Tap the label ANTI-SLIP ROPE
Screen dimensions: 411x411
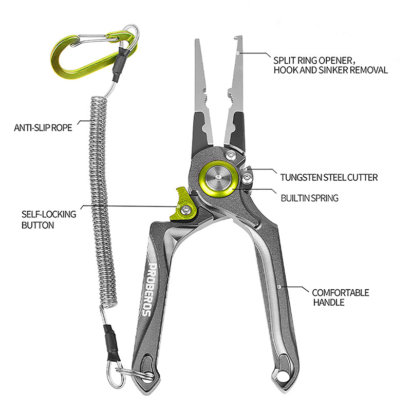click(x=43, y=128)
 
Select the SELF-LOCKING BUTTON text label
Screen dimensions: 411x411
click(x=49, y=220)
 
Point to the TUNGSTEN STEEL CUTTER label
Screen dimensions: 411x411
click(x=329, y=177)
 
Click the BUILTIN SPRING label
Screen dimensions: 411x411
click(x=310, y=198)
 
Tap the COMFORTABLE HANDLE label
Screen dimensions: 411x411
click(x=341, y=297)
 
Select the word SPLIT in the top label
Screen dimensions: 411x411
click(x=285, y=61)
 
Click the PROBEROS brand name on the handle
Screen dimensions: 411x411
click(x=148, y=290)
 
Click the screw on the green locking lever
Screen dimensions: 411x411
click(x=186, y=209)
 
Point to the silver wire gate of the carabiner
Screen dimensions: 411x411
click(x=92, y=40)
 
